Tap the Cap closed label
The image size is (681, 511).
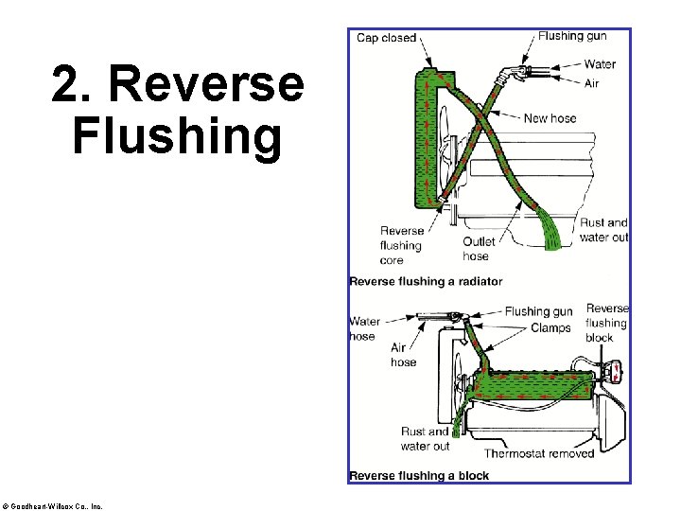coord(386,38)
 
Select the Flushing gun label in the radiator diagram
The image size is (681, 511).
coord(572,36)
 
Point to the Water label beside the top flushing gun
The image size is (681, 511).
coord(600,64)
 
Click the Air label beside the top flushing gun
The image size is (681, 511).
coord(592,83)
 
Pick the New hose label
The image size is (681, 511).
coord(550,118)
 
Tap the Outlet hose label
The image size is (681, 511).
coord(479,249)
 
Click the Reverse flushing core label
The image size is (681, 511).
coord(402,245)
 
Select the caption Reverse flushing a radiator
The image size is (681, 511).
coord(426,281)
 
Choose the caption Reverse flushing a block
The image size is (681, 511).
coord(419,475)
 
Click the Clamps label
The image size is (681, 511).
coord(550,327)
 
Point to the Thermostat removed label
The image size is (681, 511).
coord(539,452)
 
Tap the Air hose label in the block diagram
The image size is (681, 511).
coord(403,355)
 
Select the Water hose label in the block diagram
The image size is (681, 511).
coord(363,328)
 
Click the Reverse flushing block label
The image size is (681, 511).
coord(606,323)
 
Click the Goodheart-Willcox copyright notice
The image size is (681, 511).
coord(53,505)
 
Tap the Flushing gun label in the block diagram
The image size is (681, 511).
coord(538,311)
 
